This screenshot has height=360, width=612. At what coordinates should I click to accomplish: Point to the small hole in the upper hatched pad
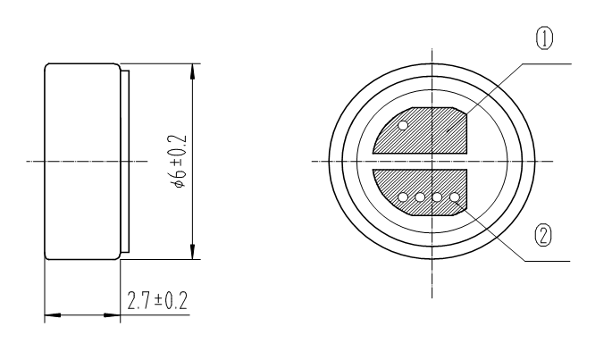(403, 126)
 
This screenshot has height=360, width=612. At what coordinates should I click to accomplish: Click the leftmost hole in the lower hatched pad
(403, 197)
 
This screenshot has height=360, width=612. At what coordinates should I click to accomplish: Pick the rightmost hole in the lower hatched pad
(455, 197)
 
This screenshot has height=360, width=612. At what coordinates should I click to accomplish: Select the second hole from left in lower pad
(421, 197)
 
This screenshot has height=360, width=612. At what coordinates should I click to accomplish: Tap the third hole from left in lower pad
(438, 197)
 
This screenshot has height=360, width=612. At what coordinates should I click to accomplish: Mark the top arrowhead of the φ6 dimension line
(193, 70)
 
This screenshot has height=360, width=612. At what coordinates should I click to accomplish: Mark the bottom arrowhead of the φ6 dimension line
(193, 253)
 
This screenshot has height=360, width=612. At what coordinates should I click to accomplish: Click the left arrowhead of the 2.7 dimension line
(51, 314)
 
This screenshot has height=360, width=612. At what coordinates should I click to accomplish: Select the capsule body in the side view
(82, 162)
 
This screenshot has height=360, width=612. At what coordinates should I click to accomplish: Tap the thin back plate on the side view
(126, 162)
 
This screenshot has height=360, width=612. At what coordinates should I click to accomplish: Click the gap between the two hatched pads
(420, 162)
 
